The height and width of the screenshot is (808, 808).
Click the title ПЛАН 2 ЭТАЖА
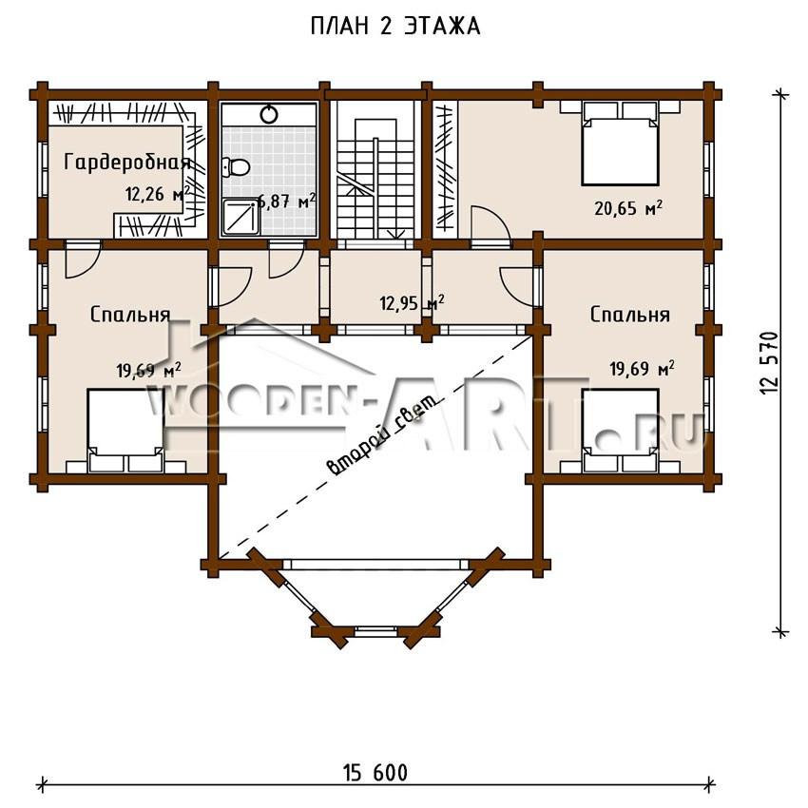[x=395, y=27]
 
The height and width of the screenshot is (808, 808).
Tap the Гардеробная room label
[x=127, y=163]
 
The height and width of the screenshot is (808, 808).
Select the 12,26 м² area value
[x=157, y=194]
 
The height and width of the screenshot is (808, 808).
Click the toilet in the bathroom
[x=236, y=167]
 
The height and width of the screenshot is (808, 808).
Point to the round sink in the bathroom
[x=269, y=114]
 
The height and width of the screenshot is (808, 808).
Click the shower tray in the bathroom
[x=241, y=218]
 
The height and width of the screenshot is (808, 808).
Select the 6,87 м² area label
[x=286, y=201]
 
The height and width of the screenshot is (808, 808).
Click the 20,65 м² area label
[x=628, y=208]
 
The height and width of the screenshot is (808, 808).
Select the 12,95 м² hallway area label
[x=412, y=303]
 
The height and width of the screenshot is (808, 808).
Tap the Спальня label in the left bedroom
[x=130, y=315]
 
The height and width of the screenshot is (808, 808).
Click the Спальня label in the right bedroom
[x=629, y=315]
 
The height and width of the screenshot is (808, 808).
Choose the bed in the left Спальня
[x=125, y=431]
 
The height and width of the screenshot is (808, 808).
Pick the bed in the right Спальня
[x=621, y=431]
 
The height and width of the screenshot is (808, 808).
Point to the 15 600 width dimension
[x=375, y=773]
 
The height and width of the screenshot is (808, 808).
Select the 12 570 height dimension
[x=768, y=363]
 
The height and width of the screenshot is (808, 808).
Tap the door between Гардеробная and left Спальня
[x=83, y=258]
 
